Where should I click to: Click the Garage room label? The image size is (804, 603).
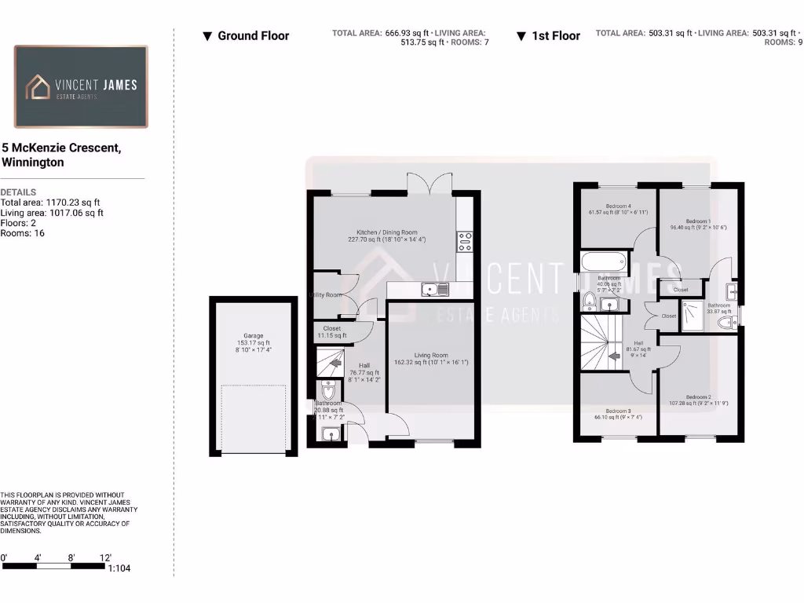point(253,336)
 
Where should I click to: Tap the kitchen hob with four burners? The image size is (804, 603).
point(464,242)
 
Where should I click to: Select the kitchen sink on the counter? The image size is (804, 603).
point(433,290)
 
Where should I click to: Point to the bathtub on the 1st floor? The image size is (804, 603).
point(604,261)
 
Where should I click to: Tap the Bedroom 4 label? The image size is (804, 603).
point(619,206)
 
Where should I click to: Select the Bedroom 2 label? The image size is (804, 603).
point(697,397)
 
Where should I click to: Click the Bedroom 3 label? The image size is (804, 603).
point(618,411)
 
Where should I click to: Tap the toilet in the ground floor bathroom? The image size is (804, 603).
point(327,390)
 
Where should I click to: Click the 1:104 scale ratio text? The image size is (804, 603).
point(119,568)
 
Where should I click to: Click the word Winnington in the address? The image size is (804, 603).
point(33,163)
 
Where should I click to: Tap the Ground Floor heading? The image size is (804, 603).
point(253,35)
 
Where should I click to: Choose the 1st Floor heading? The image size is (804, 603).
point(556,35)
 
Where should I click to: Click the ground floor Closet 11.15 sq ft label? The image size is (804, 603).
point(331,328)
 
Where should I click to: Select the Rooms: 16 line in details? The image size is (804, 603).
point(23,233)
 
